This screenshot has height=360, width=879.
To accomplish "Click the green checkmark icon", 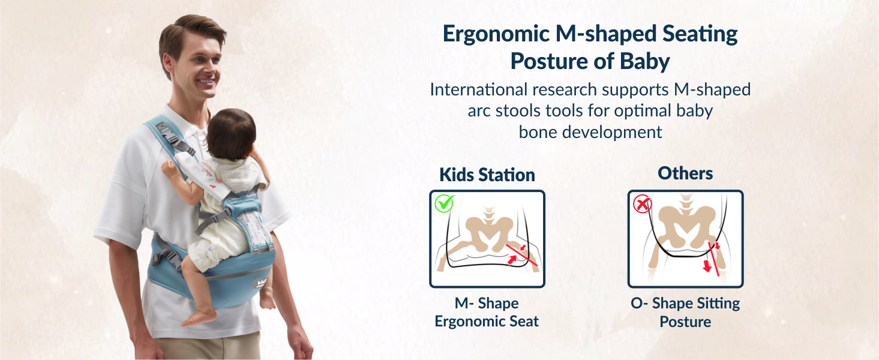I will point(445,204).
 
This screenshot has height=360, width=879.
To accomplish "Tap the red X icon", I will point(643,205).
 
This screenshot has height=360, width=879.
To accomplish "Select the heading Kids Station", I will point(487,175).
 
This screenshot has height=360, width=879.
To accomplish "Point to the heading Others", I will point(685,173).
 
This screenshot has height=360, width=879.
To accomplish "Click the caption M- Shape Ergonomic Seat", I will point(487,313).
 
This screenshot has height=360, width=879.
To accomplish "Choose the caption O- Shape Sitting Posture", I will point(685,313).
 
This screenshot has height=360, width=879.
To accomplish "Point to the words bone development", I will point(590,132).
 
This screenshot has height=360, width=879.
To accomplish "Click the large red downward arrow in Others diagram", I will point(707,265).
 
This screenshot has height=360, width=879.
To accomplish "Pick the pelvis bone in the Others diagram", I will point(685,223).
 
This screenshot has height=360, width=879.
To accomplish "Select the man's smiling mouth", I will point(206,80).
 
